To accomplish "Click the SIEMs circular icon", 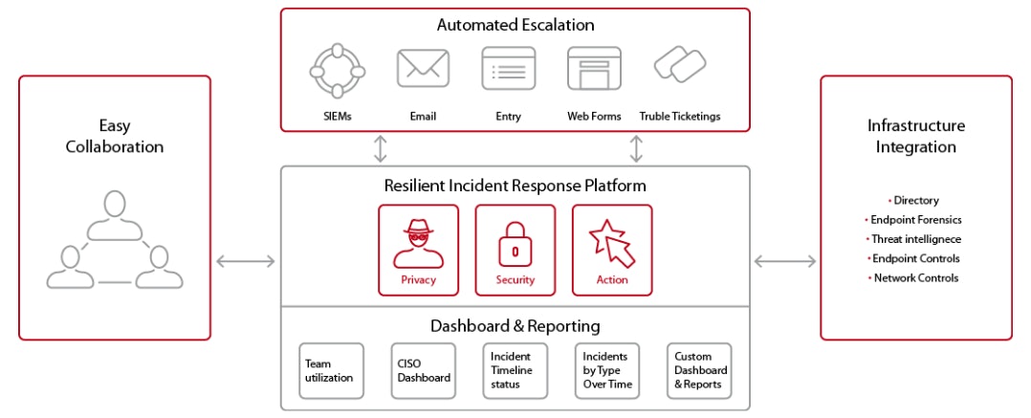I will coord(339,70).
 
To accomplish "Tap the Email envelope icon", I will coord(423,69).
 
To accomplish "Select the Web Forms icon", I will coord(594,69).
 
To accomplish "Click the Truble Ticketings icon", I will coord(680,66).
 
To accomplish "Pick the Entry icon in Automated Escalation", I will coord(509,69).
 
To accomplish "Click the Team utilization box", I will coord(331,371).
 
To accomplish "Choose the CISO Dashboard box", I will coord(423,371).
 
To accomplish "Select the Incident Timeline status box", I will coord(515,371).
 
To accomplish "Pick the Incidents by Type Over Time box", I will coord(606,371).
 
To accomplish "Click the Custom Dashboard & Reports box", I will coord(699,371).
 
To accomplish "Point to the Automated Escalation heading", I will coord(515,26).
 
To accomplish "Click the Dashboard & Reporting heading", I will coord(515,326).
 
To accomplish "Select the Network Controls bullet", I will coord(915,278).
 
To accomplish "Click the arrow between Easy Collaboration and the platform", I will coord(246,260).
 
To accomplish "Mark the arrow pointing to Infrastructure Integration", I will coord(785,260).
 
